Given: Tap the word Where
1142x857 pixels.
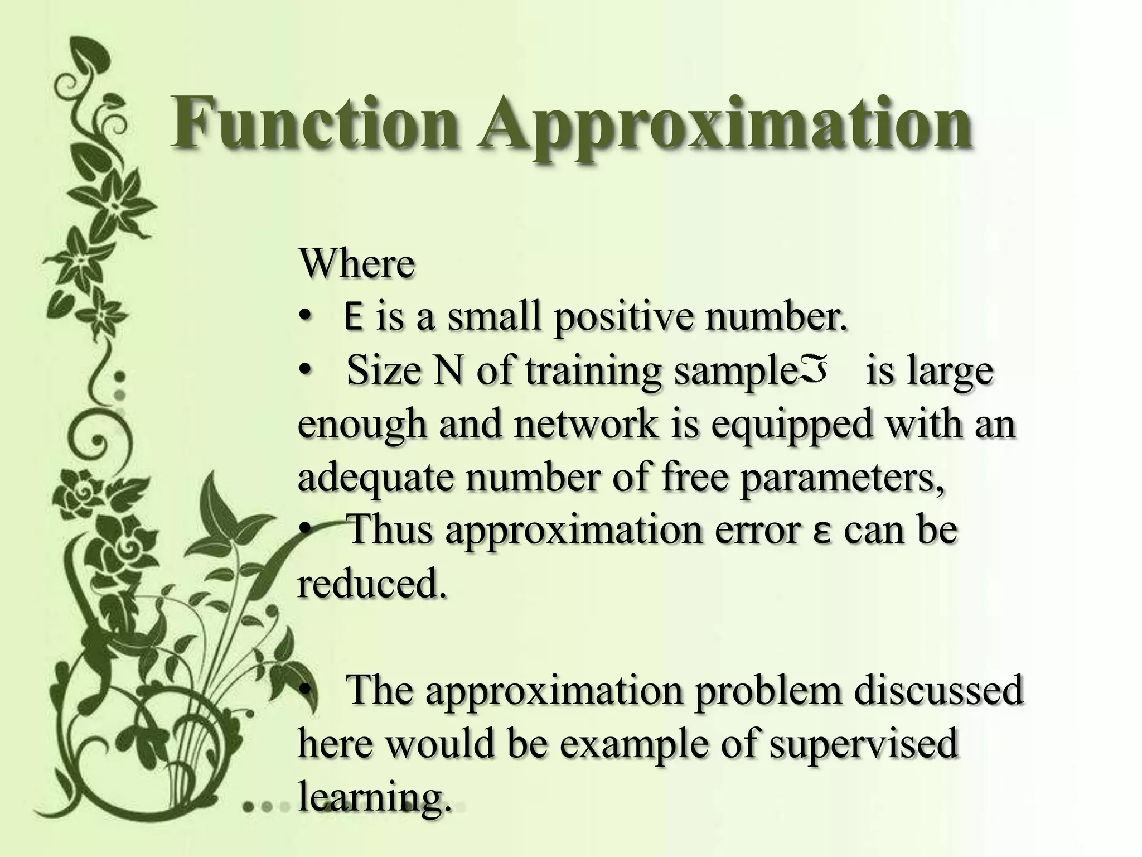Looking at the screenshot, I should [x=357, y=263].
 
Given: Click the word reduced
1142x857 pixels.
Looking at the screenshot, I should [x=371, y=584].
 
